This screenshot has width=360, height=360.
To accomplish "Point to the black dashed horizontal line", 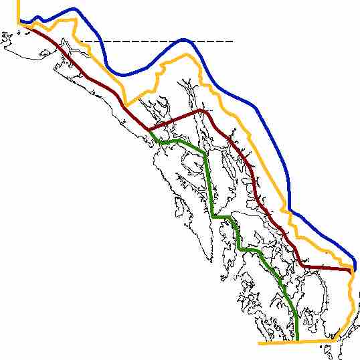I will (x=134, y=42).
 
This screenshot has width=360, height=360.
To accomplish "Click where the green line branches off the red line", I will (x=151, y=129).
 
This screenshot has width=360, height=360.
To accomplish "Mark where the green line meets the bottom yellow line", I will (x=295, y=342).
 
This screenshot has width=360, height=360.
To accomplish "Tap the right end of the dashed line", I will (x=233, y=42).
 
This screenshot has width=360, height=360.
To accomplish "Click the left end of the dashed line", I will (x=79, y=42).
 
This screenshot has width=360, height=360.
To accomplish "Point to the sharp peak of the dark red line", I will (x=201, y=110).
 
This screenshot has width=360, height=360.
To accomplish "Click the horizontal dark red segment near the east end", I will (x=328, y=269).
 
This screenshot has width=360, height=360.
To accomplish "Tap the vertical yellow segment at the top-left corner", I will (x=19, y=10).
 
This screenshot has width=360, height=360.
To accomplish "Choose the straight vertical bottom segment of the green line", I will (x=295, y=328).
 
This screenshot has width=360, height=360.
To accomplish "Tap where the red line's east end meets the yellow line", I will (x=351, y=272).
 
